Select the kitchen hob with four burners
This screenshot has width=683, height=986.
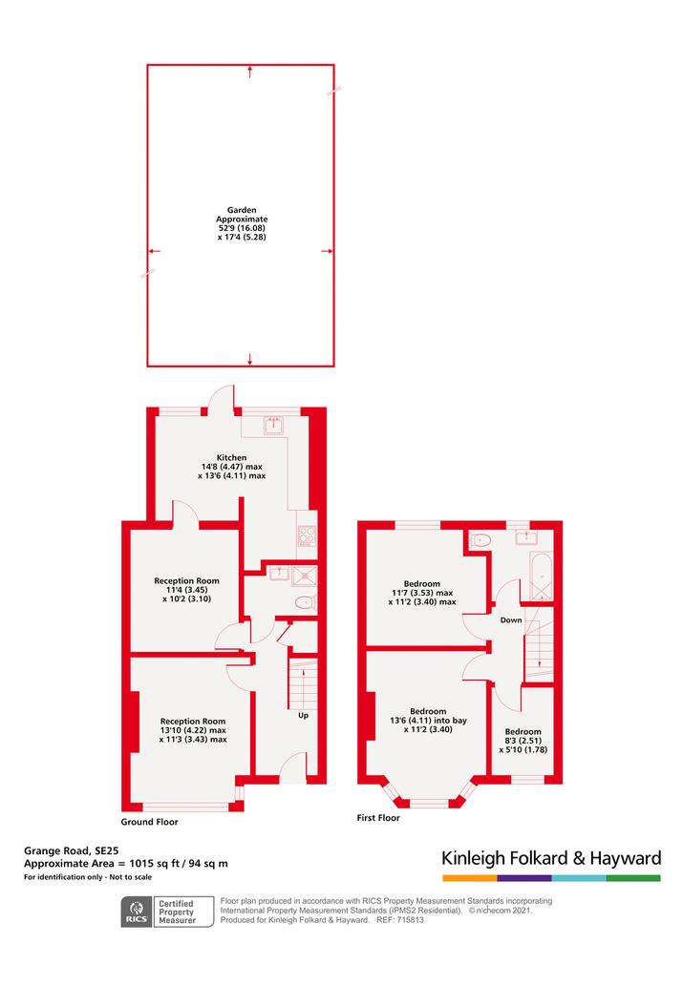click(x=307, y=535)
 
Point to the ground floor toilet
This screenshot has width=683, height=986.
click(x=306, y=602)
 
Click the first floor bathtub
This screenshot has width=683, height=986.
click(x=541, y=576)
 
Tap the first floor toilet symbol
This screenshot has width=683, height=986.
click(x=480, y=539)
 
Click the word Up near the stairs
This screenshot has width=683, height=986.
click(x=303, y=716)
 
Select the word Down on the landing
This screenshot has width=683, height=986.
click(x=511, y=620)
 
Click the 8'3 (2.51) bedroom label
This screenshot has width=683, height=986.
click(x=523, y=741)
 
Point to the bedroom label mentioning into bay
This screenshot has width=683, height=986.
click(x=428, y=721)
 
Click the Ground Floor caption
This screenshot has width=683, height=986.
click(x=149, y=822)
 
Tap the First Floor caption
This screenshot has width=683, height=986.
click(x=378, y=818)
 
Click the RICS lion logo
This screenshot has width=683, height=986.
click(x=137, y=913)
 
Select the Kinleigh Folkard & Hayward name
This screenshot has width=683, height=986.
click(x=551, y=858)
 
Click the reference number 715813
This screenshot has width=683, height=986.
click(x=409, y=920)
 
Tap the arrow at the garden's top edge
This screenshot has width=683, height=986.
click(x=250, y=71)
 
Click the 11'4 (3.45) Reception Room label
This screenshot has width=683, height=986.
click(x=187, y=590)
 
